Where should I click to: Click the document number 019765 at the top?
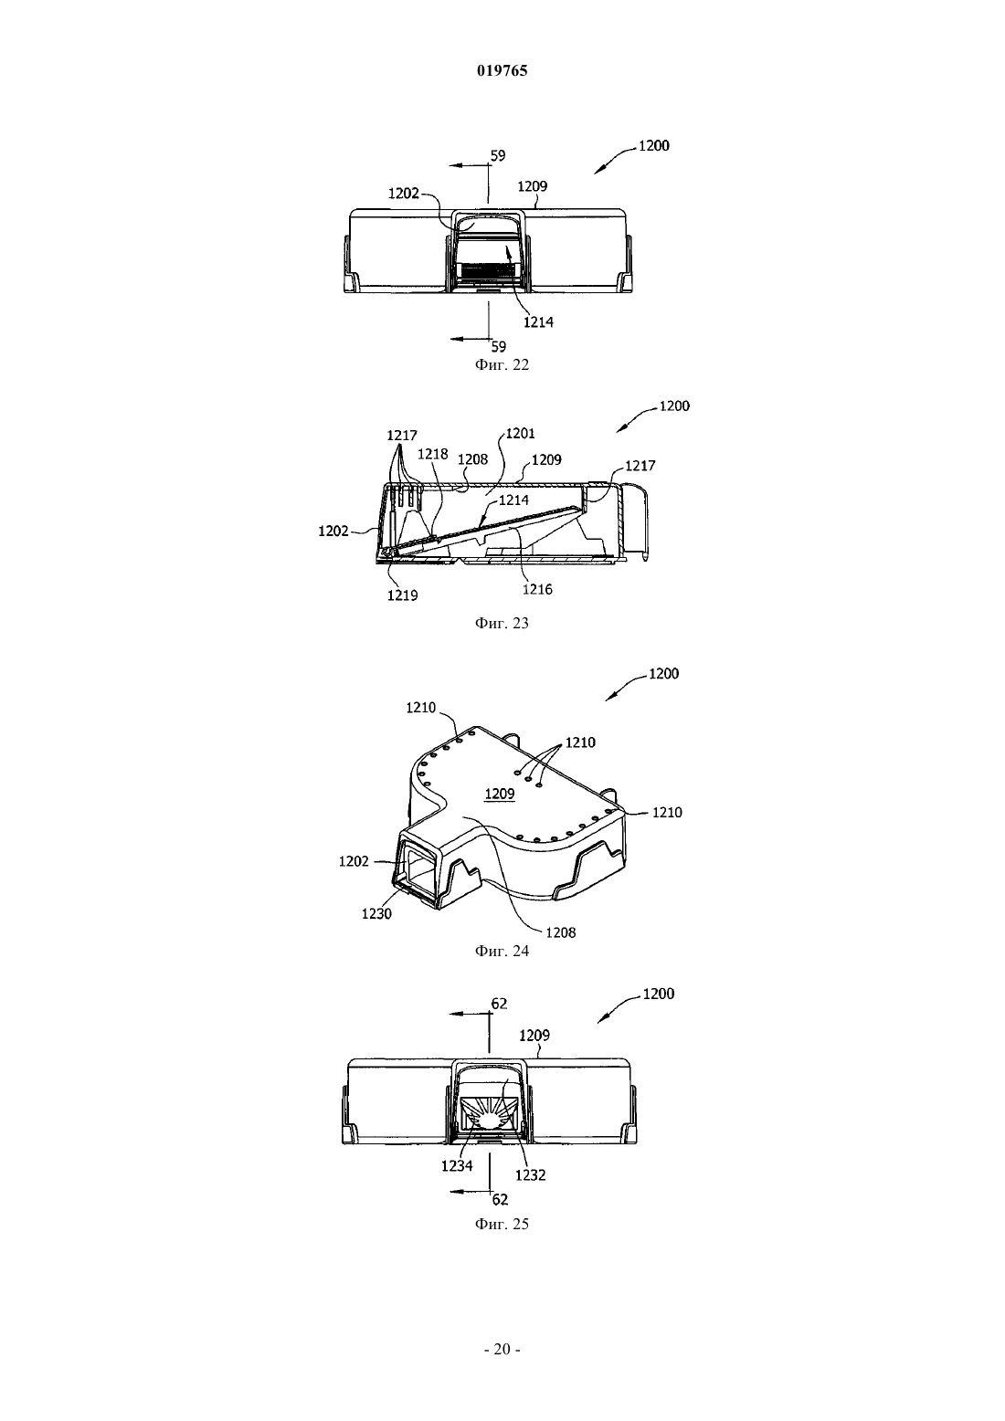(502, 70)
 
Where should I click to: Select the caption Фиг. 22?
(502, 364)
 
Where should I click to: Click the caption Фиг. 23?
(502, 623)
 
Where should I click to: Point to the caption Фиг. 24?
(502, 951)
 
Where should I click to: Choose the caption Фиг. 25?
(502, 1224)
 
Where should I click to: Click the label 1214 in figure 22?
(538, 322)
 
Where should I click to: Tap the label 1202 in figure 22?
(404, 193)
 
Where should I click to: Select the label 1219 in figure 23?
(403, 595)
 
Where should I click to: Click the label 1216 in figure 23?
(537, 589)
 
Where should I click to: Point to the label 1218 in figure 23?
(433, 454)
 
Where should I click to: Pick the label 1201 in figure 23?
(520, 433)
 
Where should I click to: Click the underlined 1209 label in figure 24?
(500, 794)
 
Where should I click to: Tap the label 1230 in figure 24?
(376, 913)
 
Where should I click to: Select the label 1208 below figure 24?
(561, 932)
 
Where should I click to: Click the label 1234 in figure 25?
(457, 1165)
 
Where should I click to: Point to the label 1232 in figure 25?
(531, 1174)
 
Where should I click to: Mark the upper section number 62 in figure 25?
(500, 1003)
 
